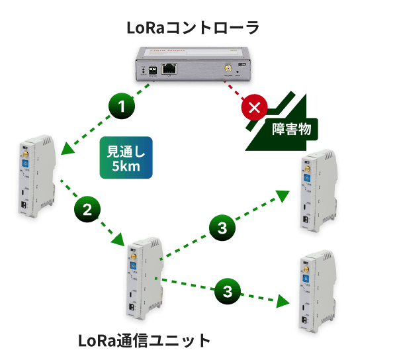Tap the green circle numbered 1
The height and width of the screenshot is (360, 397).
pos(121,106)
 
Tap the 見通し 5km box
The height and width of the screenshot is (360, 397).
pos(126,158)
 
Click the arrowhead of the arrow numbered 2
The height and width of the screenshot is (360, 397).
pos(124,240)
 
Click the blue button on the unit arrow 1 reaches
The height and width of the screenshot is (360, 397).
pos(24,163)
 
